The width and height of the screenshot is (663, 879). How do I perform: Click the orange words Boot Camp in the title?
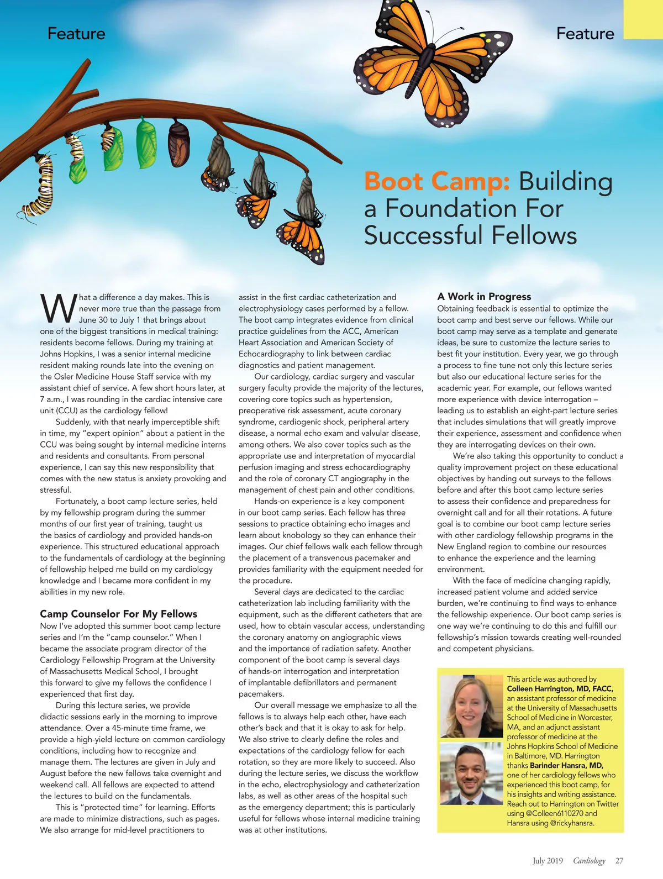(436, 182)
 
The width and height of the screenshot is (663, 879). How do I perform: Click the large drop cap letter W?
(57, 309)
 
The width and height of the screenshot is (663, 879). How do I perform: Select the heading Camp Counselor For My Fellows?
(118, 614)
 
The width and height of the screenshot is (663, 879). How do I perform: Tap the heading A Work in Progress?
(484, 297)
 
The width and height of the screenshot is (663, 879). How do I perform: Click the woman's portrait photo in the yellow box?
(471, 707)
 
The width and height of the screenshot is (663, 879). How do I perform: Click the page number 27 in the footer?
(619, 861)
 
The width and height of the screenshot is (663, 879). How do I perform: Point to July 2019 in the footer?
(548, 861)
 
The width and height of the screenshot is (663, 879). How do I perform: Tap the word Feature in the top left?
(76, 34)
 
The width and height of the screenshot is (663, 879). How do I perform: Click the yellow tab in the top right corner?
(643, 19)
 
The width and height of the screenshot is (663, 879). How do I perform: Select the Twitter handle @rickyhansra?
(572, 823)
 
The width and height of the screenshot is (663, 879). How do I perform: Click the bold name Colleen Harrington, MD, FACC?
(560, 689)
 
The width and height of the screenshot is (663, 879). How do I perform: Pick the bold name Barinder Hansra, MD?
(566, 766)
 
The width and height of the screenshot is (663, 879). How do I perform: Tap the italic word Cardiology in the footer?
(589, 861)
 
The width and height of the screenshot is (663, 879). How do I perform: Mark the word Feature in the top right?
(585, 34)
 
